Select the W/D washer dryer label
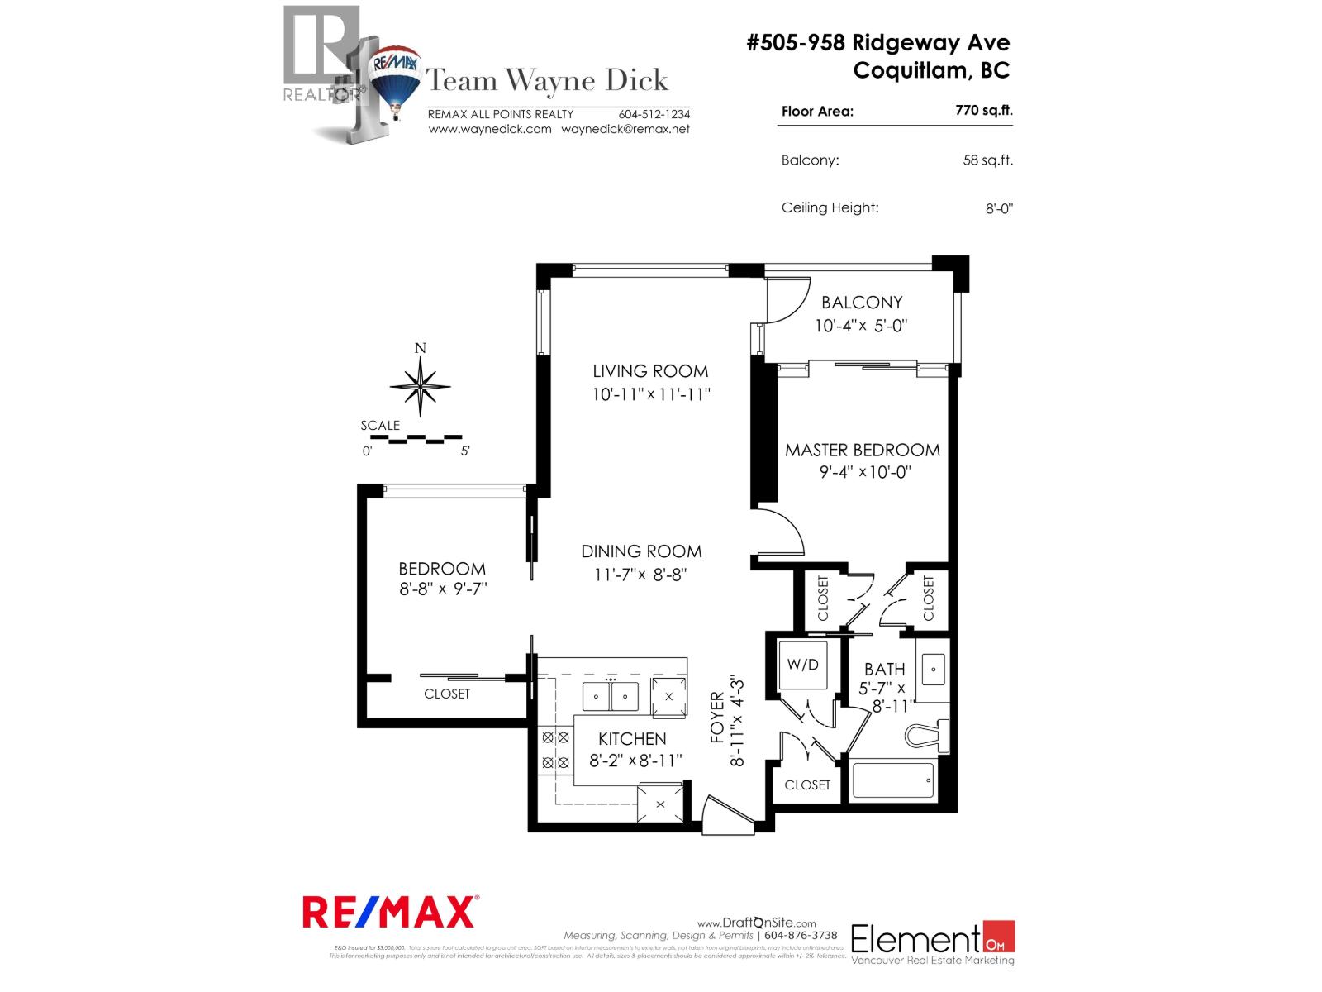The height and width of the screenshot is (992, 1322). point(802,664)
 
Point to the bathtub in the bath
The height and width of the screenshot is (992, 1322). point(892,780)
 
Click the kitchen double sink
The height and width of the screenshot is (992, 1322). point(611,696)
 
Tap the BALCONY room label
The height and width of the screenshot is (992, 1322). point(862,303)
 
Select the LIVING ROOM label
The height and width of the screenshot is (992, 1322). point(650,371)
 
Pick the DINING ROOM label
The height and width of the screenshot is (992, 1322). point(641,551)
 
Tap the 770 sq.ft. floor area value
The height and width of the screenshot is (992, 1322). point(983,110)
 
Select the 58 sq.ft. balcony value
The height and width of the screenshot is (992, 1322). point(987,160)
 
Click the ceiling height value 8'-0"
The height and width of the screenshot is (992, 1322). point(998,209)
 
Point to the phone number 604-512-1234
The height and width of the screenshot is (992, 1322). point(654,114)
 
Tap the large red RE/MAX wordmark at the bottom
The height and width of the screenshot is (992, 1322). point(390,912)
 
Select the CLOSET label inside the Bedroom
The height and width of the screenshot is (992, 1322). point(447,694)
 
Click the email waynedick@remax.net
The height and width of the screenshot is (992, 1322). point(625,129)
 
